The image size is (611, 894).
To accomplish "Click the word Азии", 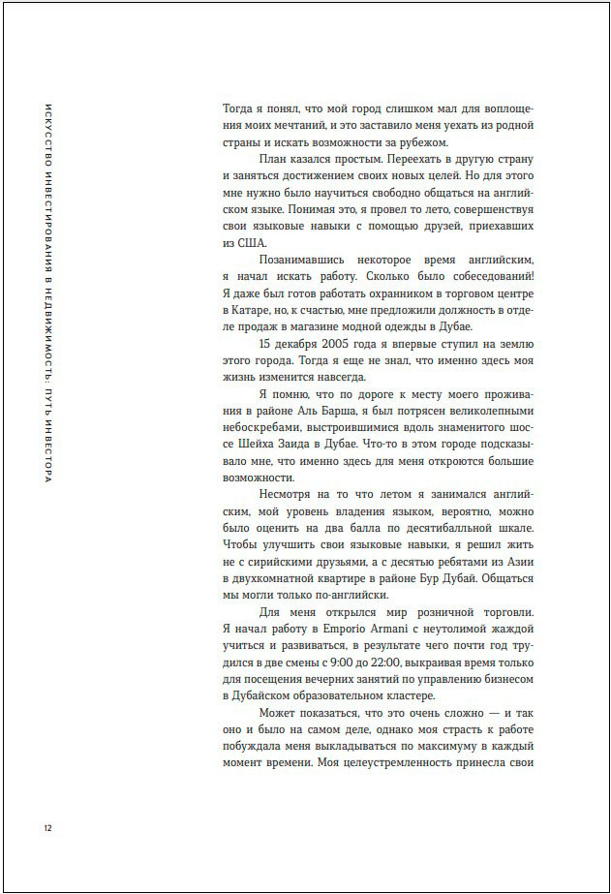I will pyautogui.click(x=518, y=559).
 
